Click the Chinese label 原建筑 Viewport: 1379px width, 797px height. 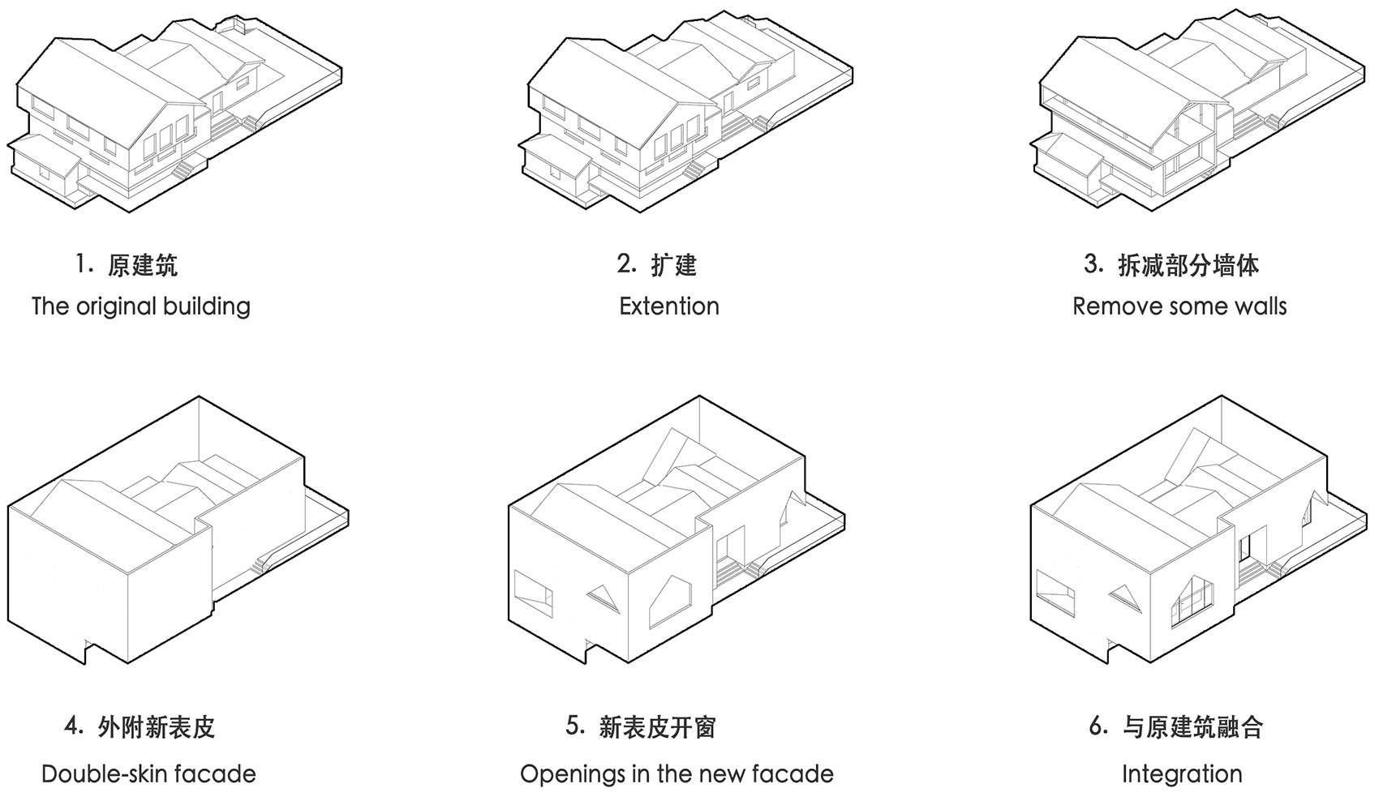tap(142, 265)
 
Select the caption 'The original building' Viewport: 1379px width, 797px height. tap(140, 306)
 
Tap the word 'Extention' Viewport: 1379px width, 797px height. tap(669, 306)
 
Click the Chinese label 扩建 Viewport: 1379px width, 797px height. tap(673, 265)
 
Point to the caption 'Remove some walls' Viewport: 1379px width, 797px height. tap(1179, 306)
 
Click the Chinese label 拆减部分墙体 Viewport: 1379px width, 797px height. tap(1188, 265)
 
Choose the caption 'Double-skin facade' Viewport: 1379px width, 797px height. tap(148, 774)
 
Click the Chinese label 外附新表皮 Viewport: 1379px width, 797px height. tap(156, 726)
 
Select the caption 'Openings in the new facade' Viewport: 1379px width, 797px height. tap(677, 774)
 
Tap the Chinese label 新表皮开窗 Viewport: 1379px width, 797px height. tap(657, 726)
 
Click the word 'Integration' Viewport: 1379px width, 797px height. tap(1182, 774)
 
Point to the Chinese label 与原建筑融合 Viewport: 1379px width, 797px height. tap(1192, 726)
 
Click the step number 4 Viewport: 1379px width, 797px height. tap(73, 726)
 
